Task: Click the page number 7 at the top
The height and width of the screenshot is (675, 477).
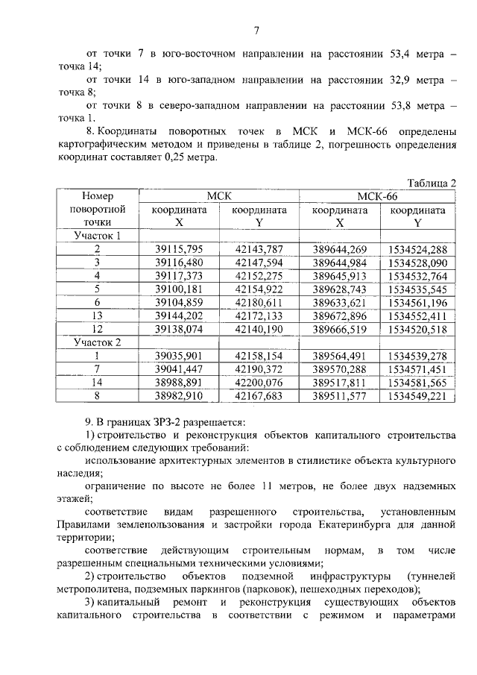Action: point(256,31)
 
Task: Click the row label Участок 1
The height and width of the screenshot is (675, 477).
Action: point(97,236)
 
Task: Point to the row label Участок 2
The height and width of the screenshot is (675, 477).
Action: point(97,342)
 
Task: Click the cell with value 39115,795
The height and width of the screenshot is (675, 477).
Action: point(179,249)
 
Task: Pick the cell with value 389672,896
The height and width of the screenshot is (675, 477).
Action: point(340,315)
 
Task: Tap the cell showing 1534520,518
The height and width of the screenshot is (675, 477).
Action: point(417,329)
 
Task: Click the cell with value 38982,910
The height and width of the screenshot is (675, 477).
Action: point(179,395)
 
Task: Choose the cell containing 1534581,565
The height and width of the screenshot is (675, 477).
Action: point(417,382)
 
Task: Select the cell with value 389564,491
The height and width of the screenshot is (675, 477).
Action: point(340,356)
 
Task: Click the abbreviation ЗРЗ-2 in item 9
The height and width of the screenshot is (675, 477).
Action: point(159,420)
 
